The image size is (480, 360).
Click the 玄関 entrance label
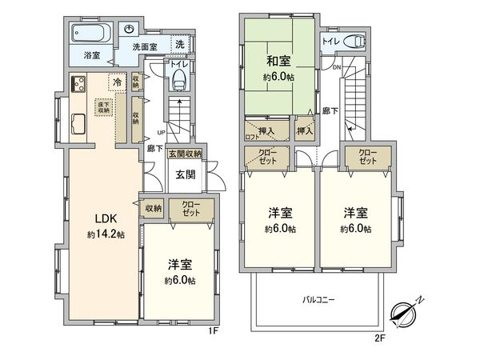click(185, 174)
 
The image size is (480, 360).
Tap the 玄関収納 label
click(185, 154)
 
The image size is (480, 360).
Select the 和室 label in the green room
click(278, 60)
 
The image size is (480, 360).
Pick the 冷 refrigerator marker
click(118, 82)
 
